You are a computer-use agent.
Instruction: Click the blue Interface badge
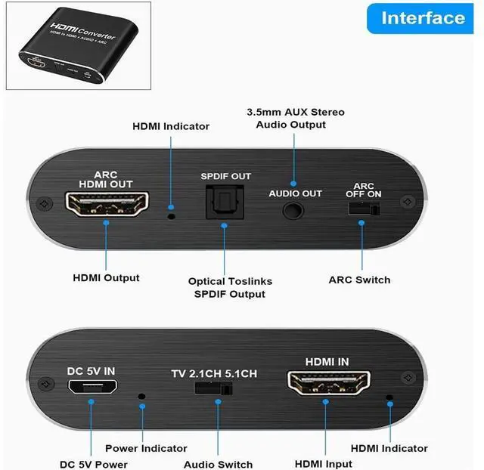423,17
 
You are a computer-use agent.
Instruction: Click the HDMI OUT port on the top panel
105,206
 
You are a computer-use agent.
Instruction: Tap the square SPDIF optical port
225,205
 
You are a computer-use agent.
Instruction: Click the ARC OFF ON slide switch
363,208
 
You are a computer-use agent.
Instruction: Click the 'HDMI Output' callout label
106,277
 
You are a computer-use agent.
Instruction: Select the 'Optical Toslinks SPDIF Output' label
230,287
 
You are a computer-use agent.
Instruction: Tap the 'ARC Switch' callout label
359,280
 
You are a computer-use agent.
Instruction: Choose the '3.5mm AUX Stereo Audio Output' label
295,118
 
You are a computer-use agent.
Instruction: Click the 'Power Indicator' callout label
146,448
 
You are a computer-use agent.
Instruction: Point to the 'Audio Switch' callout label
218,464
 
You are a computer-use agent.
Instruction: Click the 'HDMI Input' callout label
324,464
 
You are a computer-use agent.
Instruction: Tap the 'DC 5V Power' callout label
94,464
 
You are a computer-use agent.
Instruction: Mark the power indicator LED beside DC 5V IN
141,395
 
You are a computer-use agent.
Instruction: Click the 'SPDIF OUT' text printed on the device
225,177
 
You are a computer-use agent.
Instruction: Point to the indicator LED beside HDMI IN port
389,397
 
